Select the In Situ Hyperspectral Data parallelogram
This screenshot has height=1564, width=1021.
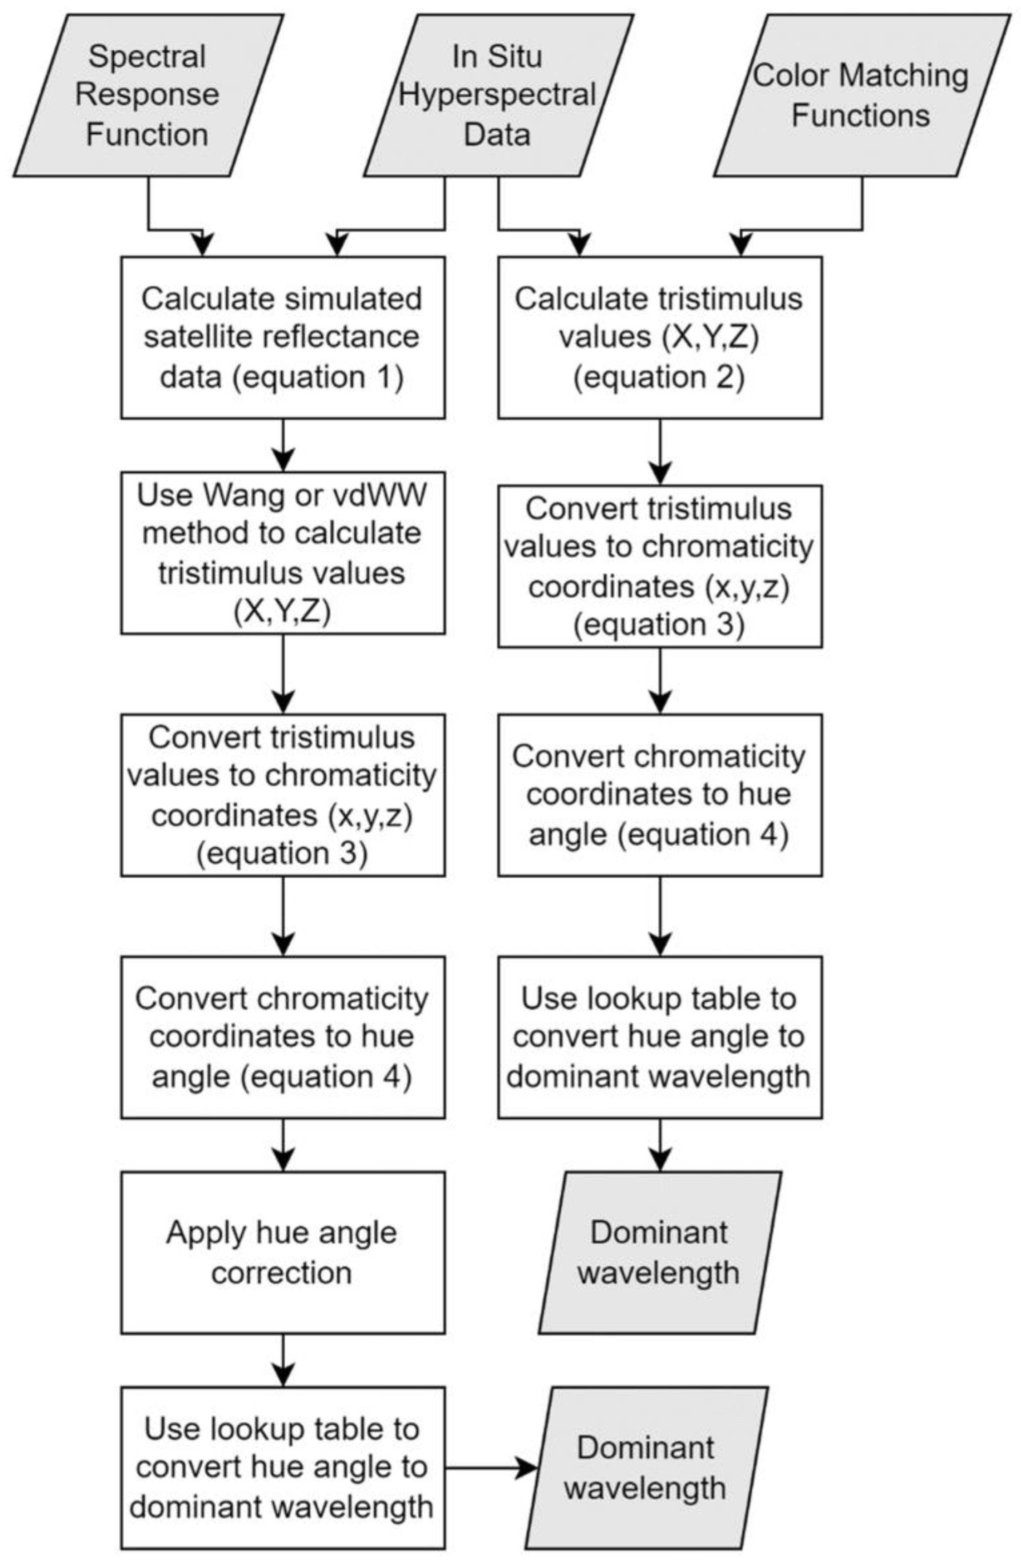pos(497,95)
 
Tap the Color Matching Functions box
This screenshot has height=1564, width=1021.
pos(861,95)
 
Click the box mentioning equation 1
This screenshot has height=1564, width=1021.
pos(283,337)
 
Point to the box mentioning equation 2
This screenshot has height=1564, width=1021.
pos(659,337)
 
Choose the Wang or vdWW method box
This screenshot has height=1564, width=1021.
pos(283,552)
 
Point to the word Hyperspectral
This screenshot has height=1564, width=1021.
pos(497,95)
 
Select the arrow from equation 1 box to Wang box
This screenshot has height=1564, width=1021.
pos(283,445)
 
